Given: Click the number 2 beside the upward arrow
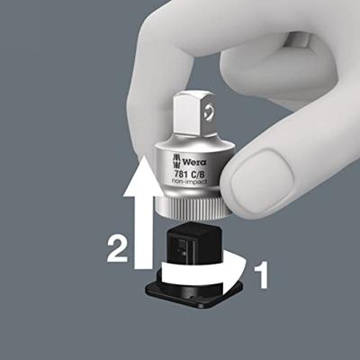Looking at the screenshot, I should (118, 248).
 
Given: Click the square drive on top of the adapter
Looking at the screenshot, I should (195, 116).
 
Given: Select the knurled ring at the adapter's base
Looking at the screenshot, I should (194, 208).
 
